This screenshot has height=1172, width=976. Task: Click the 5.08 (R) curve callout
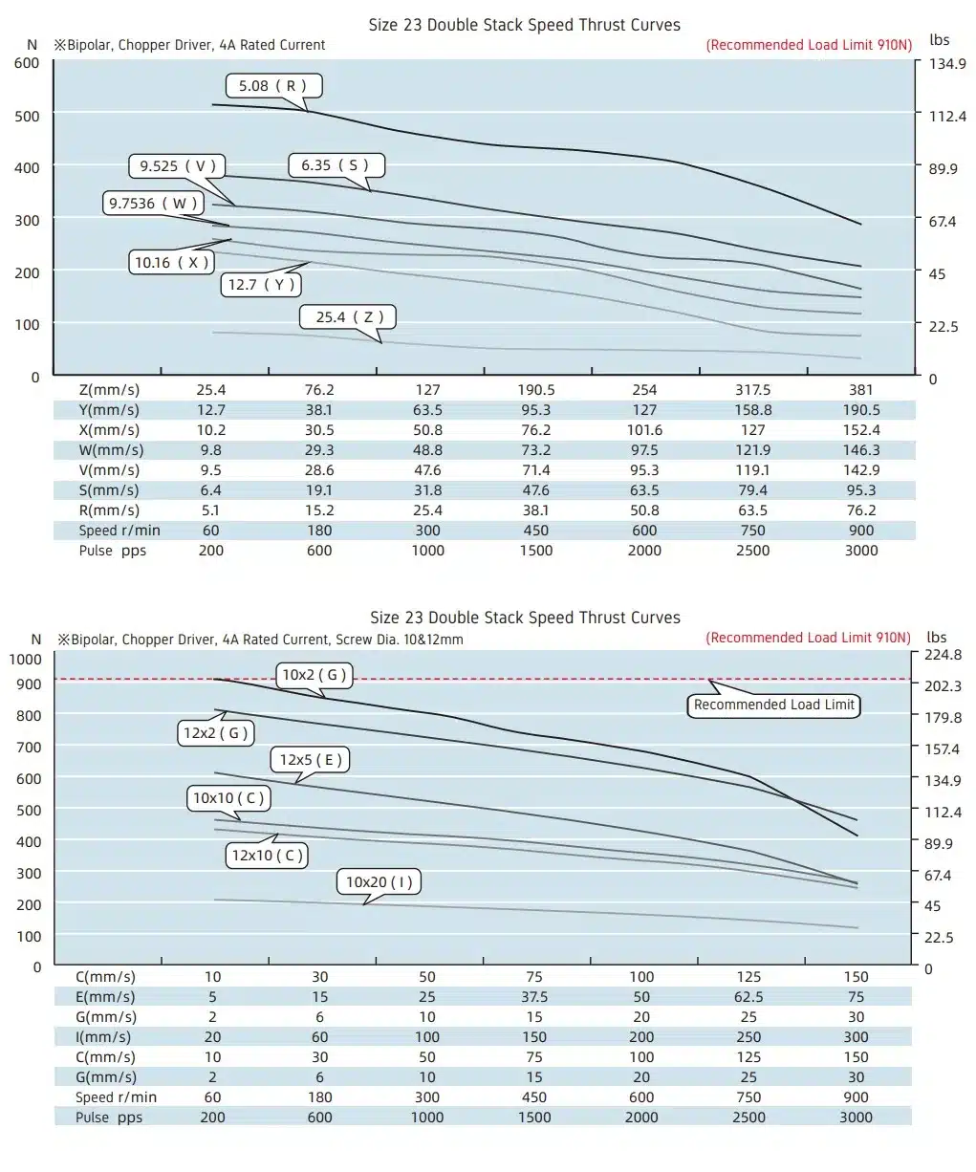click(273, 86)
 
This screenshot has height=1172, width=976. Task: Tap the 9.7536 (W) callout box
click(153, 203)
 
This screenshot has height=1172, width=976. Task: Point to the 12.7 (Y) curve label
click(261, 285)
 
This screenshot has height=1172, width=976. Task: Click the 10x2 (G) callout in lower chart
click(314, 675)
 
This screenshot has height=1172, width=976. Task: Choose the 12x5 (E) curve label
click(310, 760)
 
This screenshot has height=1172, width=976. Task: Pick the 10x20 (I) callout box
click(379, 881)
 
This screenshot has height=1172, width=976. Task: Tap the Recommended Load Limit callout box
click(773, 705)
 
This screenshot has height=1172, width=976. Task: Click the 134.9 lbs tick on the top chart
click(947, 63)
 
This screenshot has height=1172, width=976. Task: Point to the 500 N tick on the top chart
click(27, 116)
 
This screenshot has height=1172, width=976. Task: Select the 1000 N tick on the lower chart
click(25, 659)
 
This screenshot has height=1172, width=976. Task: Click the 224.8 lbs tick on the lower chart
click(943, 655)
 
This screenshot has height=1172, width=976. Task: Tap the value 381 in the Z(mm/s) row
click(861, 390)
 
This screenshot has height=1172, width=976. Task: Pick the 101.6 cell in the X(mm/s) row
click(644, 430)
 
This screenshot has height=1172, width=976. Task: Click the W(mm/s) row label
click(111, 450)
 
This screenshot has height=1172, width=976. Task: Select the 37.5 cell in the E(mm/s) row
click(534, 997)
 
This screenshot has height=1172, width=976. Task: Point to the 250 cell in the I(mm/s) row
click(748, 1037)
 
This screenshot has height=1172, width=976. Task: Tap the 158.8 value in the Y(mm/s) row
click(753, 410)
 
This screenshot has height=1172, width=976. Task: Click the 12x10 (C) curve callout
click(267, 856)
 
